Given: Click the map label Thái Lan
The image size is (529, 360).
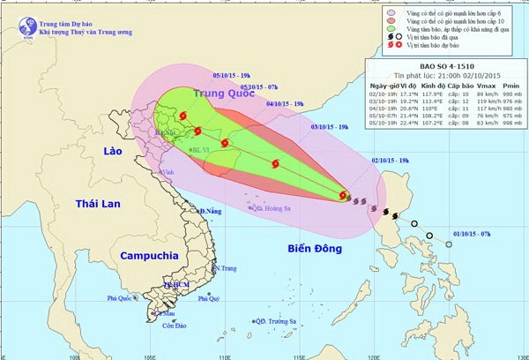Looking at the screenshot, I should point(91,203).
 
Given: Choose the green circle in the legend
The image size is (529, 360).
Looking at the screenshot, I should point(391,28).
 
